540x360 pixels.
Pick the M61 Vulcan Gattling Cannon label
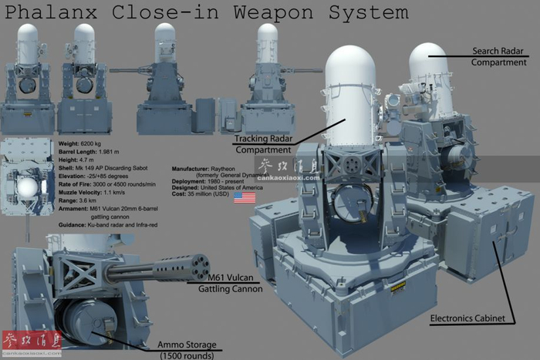coord(226,283)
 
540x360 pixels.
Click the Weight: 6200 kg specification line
coord(82,144)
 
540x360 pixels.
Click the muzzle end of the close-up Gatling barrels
coord(199,264)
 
